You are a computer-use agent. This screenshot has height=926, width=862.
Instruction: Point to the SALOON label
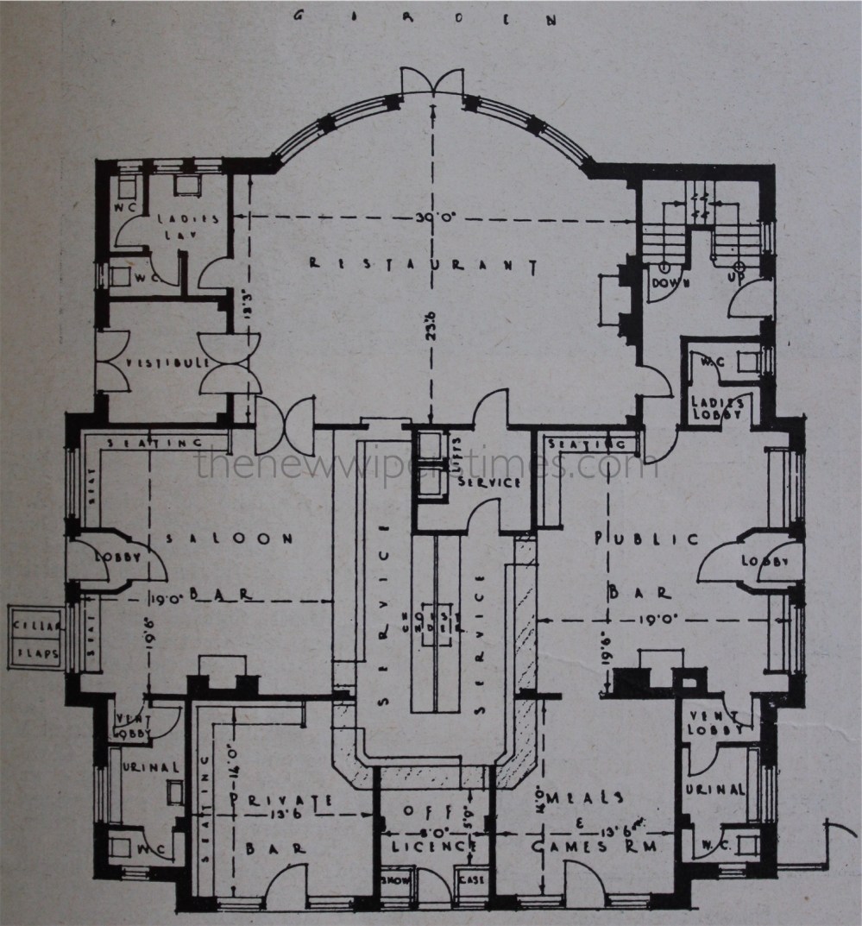(230, 539)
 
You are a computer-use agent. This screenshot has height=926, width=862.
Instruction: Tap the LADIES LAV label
(187, 227)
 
